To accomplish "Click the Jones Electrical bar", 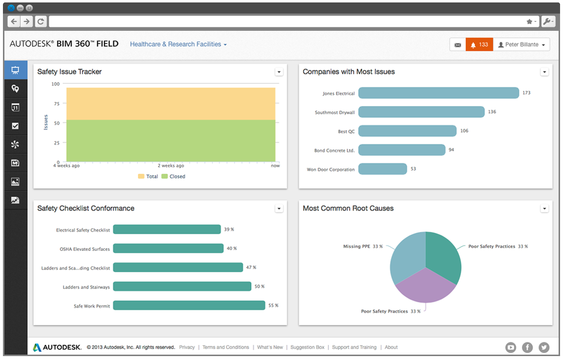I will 438,93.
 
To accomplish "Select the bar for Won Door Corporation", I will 383,169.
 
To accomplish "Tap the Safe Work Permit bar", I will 189,306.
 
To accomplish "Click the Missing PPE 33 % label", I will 363,247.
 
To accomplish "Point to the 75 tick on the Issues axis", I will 56,104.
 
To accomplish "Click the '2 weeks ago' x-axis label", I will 171,166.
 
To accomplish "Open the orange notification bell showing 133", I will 479,44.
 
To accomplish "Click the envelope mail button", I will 457,44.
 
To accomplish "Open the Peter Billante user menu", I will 521,44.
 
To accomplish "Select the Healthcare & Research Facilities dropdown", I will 178,44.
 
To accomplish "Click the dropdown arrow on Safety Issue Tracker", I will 279,72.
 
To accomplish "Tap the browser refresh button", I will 41,21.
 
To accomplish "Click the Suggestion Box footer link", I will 307,347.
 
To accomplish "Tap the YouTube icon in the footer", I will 511,347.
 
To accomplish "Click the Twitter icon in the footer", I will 544,347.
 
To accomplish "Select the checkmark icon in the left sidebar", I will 15,126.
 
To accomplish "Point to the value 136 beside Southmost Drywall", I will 492,112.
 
